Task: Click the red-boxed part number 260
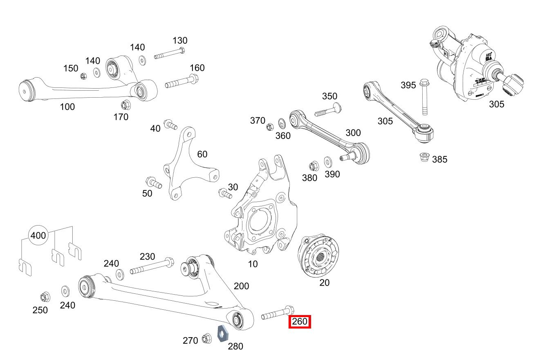coord(300,322)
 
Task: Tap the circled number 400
coord(38,236)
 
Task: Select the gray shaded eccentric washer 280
coord(222,333)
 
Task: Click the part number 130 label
coord(180,40)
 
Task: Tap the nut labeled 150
coord(83,76)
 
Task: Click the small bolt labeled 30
coord(225,193)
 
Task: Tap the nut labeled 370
coord(269,127)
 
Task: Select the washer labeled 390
coord(328,161)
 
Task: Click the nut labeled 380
coord(313,166)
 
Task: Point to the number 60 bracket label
coord(202,154)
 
